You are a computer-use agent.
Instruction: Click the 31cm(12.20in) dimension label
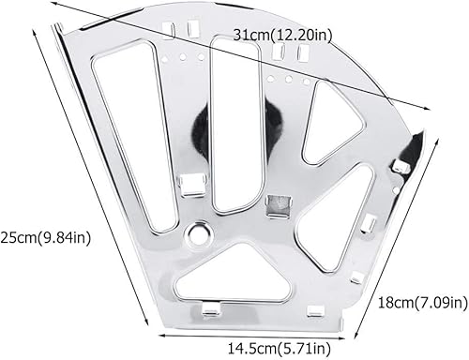pos(282,35)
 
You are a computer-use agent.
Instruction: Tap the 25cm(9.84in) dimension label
pos(46,238)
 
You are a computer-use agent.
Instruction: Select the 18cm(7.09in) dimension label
pos(423,302)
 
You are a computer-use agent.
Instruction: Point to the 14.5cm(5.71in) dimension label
pos(279,348)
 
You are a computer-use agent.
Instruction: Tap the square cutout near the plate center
pos(279,205)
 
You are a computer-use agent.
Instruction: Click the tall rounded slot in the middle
pos(235,125)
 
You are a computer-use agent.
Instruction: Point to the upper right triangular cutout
pos(331,124)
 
